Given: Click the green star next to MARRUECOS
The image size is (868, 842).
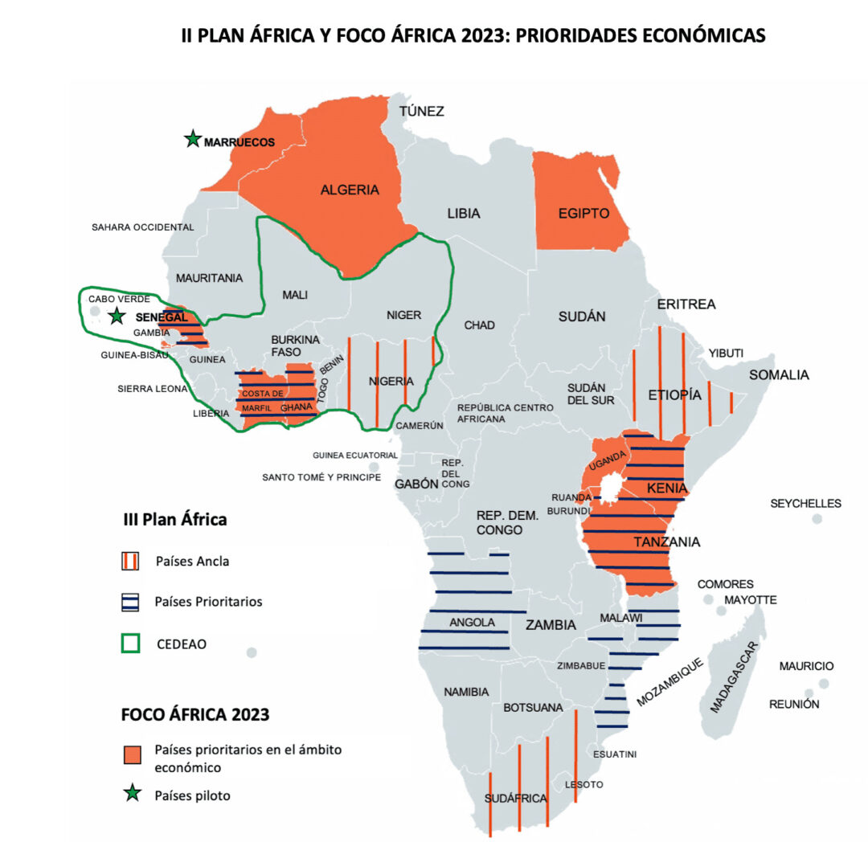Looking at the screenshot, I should [192, 140].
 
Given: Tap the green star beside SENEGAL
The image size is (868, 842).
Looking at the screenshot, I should [117, 316].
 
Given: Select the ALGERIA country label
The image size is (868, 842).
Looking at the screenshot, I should [350, 190].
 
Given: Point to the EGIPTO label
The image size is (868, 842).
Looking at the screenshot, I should [583, 214].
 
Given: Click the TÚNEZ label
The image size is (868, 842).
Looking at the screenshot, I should [422, 111].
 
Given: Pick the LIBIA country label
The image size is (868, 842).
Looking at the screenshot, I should [464, 214].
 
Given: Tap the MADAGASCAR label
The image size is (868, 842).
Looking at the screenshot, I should [732, 677].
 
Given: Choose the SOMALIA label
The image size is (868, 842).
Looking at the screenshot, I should [779, 374].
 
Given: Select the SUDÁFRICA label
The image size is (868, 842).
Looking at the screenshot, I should [515, 799].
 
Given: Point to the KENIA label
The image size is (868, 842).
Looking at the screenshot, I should [667, 488].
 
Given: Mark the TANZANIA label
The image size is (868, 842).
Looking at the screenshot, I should [666, 542].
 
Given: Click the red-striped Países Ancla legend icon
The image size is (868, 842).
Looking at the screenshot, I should [131, 562].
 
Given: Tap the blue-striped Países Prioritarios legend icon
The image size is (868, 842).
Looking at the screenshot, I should [131, 602].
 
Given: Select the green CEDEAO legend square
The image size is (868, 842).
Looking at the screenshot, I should [131, 642].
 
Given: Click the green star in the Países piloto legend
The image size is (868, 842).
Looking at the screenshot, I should [131, 795].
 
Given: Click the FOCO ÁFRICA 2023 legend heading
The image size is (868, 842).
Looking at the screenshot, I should [194, 714].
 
